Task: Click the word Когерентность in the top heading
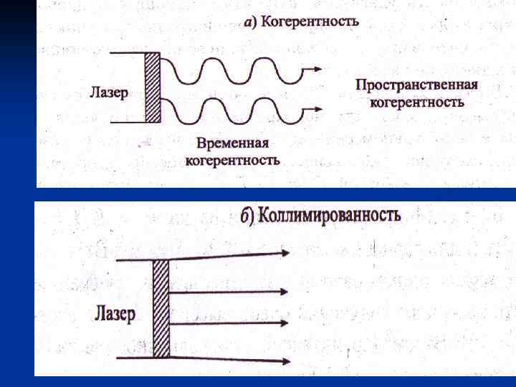pos(310,21)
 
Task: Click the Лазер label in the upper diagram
pos(110,92)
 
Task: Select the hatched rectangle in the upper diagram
pos(153,87)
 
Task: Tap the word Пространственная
pos(416,85)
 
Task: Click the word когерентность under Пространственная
pos(416,102)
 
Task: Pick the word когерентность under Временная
pos(232,159)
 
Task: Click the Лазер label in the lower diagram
pos(115,313)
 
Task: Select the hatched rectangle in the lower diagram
pos(161,308)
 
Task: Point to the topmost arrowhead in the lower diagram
pos(285,253)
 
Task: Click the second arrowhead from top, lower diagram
pos(285,291)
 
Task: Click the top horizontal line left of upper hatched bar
pos(128,52)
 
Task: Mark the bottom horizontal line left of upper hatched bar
pos(128,123)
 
